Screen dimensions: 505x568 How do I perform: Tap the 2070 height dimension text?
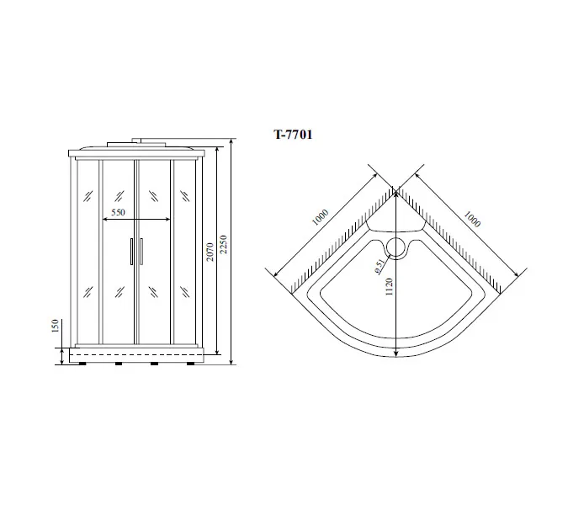(x=210, y=251)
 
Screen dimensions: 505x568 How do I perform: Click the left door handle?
(x=131, y=252)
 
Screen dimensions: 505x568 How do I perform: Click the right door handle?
(x=141, y=252)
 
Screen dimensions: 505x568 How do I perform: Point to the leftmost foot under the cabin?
(x=82, y=365)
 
